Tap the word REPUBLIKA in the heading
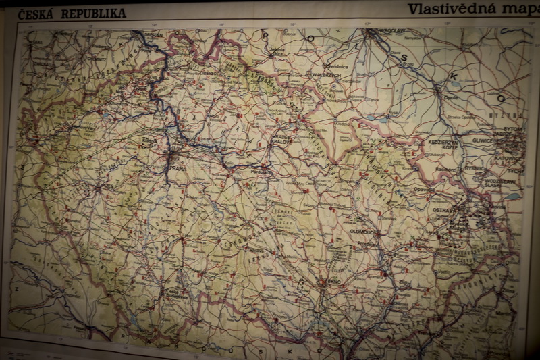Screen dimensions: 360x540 [x=94, y=13]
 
